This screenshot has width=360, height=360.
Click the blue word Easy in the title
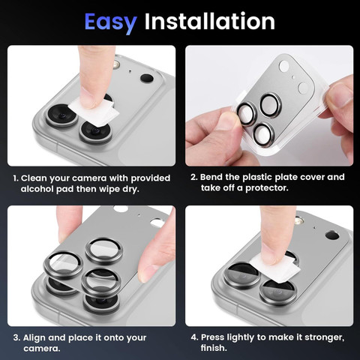pyautogui.click(x=110, y=23)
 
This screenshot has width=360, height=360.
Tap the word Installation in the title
pyautogui.click(x=210, y=21)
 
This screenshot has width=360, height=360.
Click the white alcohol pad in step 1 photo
pyautogui.click(x=94, y=112)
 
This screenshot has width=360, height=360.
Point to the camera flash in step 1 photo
pyautogui.click(x=116, y=64)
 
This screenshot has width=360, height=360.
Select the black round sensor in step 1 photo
pyautogui.click(x=147, y=78)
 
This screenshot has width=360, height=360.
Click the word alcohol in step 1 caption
pyautogui.click(x=37, y=189)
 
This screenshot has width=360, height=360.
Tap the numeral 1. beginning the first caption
pyautogui.click(x=16, y=178)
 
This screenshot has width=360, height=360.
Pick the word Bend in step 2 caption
pyautogui.click(x=211, y=177)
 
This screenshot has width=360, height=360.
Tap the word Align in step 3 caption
pyautogui.click(x=34, y=337)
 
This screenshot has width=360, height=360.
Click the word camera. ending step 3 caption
pyautogui.click(x=42, y=349)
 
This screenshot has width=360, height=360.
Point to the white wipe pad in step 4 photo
pyautogui.click(x=275, y=271)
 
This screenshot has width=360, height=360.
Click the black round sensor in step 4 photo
pyautogui.click(x=332, y=235)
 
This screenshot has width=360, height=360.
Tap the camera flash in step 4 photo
pyautogui.click(x=299, y=221)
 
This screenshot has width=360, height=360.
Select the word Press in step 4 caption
pyautogui.click(x=212, y=337)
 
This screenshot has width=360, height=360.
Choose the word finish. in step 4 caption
pyautogui.click(x=214, y=348)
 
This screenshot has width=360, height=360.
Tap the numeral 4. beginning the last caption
pyautogui.click(x=194, y=337)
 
